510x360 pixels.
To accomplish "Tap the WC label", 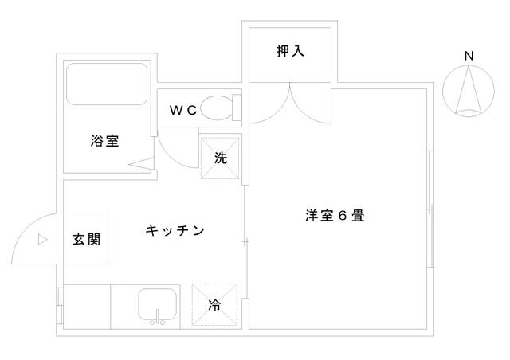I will point(182,111).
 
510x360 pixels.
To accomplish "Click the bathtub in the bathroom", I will point(105,85).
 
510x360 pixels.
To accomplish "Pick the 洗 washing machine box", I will point(220,158).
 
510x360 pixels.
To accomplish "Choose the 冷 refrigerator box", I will point(215,304).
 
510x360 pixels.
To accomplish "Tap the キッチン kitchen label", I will point(175,231).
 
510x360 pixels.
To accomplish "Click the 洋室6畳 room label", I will point(335,215).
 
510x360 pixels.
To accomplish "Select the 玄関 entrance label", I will point(86,238).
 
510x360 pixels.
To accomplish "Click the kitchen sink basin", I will point(159,303).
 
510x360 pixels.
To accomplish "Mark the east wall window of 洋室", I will point(431,209).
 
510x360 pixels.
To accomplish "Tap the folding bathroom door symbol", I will point(141,165).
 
